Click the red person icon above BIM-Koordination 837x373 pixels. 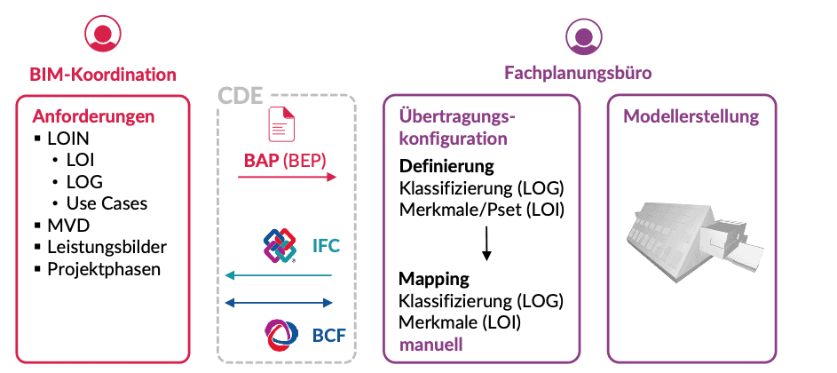[x=102, y=35]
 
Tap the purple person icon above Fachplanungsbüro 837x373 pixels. [x=583, y=35]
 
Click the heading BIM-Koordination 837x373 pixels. [x=102, y=75]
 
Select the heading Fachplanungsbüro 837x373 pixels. [x=578, y=74]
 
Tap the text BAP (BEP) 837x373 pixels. [x=285, y=162]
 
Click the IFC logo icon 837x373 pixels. [x=280, y=246]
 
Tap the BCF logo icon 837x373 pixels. [x=280, y=335]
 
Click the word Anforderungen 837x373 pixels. [x=94, y=116]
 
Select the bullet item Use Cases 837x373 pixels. [x=107, y=203]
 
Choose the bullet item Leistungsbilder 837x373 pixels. [x=107, y=247]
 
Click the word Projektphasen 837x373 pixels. [x=104, y=269]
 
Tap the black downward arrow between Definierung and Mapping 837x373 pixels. [x=486, y=243]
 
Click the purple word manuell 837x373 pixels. [x=430, y=343]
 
